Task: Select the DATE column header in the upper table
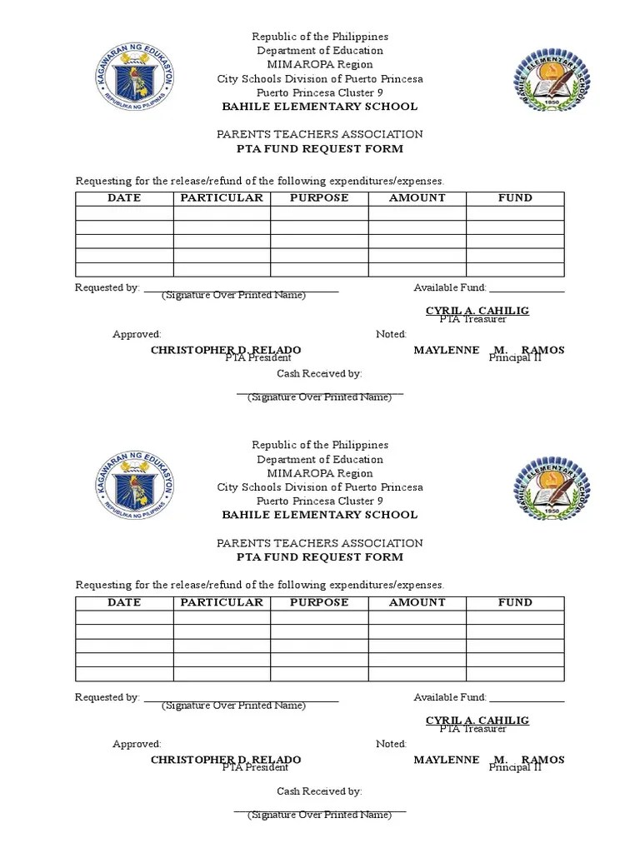124,198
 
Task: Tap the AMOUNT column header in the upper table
417,198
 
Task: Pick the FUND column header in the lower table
515,602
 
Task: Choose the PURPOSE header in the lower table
319,602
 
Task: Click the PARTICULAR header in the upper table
222,198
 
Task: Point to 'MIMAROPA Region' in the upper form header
320,65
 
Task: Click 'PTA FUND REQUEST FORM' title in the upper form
320,149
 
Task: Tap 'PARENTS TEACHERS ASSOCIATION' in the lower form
320,543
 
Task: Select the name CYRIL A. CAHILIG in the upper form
477,311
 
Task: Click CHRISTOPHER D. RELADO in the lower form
225,760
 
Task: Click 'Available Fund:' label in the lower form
450,697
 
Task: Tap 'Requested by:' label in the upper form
107,287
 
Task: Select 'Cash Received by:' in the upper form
319,374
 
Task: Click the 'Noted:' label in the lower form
391,744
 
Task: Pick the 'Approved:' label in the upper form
137,334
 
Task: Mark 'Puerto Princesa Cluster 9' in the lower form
320,501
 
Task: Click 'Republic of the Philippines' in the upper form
320,37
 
